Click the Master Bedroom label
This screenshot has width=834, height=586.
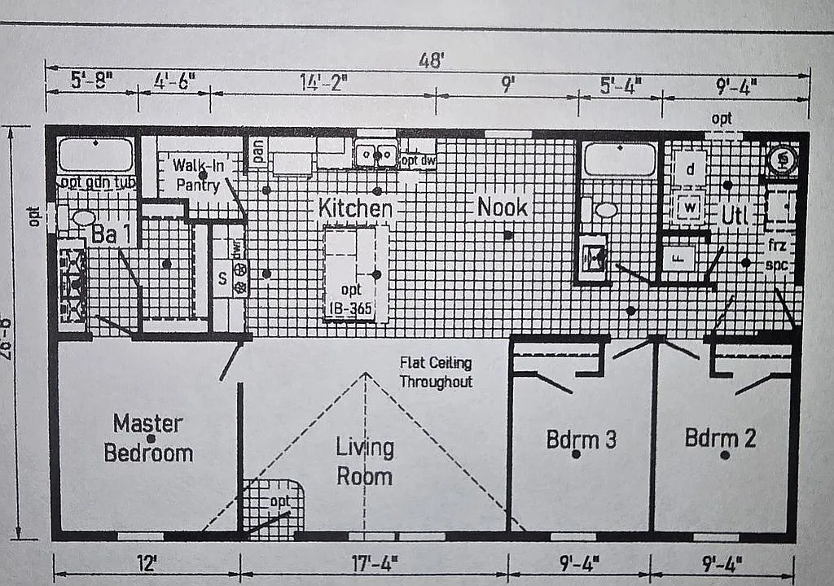148,438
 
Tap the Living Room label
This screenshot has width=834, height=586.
365,461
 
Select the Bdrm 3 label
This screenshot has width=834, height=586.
581,439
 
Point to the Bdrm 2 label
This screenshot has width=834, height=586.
720,438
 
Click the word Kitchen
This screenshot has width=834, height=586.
355,208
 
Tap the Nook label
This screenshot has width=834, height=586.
503,207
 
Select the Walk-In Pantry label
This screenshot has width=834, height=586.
198,175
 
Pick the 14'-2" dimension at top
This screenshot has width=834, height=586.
323,82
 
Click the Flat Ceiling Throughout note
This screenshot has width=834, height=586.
435,372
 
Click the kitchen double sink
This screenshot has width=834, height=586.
375,155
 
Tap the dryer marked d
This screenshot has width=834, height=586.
690,170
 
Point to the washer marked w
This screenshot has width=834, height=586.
690,208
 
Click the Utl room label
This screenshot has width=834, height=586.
735,216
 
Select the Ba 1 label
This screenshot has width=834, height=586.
110,235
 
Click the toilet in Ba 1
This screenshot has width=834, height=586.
84,217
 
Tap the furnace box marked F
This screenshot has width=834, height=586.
678,258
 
